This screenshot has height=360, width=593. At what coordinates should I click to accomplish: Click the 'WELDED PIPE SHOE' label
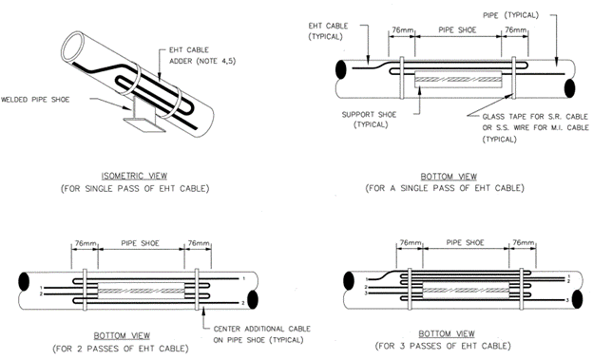(35, 100)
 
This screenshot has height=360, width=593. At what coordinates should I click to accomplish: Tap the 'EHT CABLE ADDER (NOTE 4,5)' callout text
(202, 56)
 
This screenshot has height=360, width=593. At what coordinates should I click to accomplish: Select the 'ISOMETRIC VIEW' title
(134, 176)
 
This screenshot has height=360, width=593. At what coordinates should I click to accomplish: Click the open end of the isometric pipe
(76, 47)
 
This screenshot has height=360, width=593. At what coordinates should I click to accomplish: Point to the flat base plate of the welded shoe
(144, 125)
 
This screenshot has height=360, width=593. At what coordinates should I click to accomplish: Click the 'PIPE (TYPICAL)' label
(510, 15)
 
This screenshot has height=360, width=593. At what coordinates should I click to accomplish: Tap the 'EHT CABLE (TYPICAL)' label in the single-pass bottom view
(328, 31)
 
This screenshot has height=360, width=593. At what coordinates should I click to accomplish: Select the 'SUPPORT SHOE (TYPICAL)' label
(369, 120)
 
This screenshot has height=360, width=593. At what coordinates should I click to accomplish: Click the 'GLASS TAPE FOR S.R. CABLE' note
(536, 117)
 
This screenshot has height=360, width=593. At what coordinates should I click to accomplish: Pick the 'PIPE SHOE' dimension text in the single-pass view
(458, 30)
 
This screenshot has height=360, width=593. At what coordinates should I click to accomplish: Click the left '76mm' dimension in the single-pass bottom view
(402, 29)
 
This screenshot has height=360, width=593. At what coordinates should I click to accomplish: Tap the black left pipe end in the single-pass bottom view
(340, 69)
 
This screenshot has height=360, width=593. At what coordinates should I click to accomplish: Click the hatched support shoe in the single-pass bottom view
(458, 80)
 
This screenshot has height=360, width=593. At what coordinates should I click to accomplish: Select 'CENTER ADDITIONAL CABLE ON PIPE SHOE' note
(262, 334)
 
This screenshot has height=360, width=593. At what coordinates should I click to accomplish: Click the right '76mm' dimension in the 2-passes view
(199, 243)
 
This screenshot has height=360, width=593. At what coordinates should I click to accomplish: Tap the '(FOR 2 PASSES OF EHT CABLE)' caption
(121, 349)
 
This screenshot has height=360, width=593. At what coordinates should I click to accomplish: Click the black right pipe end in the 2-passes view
(253, 299)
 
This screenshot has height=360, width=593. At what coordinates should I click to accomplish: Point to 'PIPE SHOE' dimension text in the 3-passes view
(465, 243)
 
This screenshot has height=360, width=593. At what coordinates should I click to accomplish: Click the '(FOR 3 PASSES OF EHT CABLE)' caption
(443, 346)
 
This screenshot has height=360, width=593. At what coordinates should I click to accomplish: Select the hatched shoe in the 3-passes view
(466, 291)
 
